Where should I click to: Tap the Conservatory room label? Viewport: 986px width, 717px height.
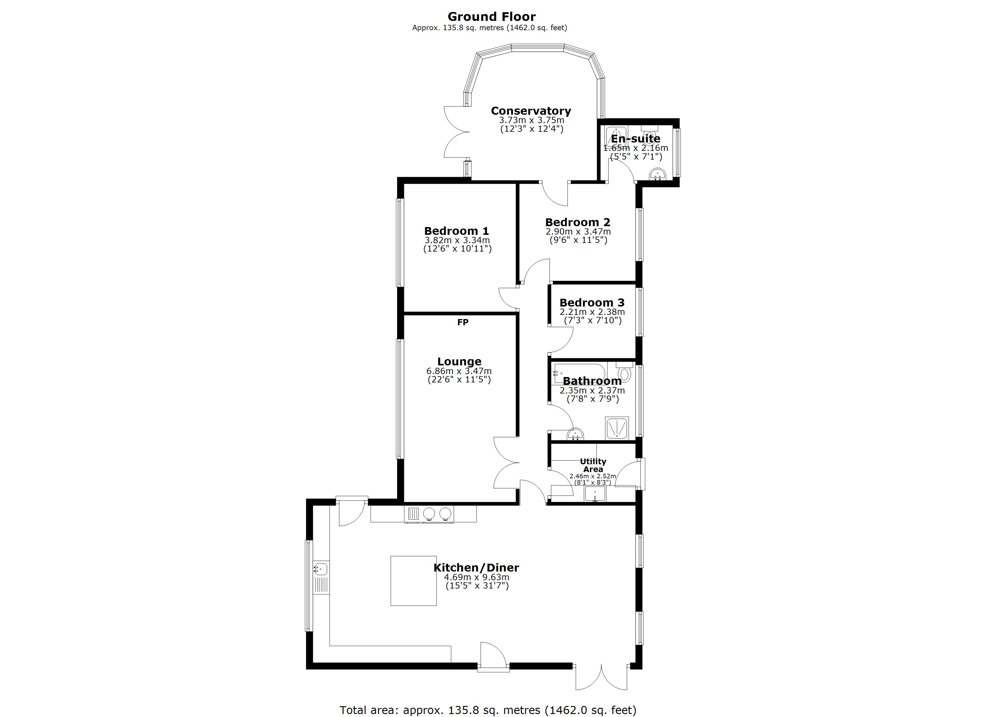531,111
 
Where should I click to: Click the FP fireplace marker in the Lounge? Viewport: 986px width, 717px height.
463,322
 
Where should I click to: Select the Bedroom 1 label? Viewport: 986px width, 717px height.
457,231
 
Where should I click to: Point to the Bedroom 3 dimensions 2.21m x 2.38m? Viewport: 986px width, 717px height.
592,312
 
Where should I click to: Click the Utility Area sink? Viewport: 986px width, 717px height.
595,494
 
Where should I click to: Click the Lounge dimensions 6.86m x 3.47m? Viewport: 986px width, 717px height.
459,371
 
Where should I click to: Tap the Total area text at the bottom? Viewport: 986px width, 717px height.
488,710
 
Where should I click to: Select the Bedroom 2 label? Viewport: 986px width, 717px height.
578,222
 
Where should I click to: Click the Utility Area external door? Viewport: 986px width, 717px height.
630,474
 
